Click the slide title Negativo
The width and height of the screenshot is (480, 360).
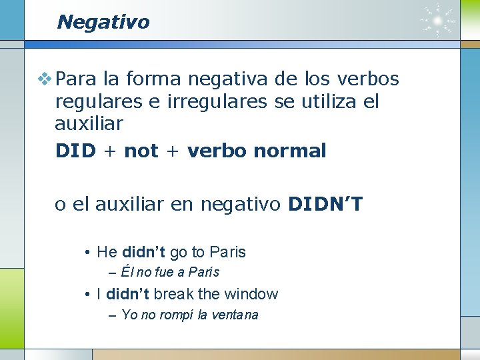pyautogui.click(x=103, y=22)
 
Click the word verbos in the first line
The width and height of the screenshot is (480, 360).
pyautogui.click(x=367, y=79)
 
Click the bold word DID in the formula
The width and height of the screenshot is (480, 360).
pyautogui.click(x=76, y=151)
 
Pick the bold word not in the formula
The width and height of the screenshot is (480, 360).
pyautogui.click(x=141, y=151)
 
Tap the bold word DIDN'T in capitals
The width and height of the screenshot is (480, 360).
pyautogui.click(x=325, y=203)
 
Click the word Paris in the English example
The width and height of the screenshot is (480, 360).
pyautogui.click(x=227, y=252)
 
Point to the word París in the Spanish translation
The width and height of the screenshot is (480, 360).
pyautogui.click(x=203, y=272)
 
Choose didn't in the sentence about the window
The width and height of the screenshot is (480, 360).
pyautogui.click(x=127, y=294)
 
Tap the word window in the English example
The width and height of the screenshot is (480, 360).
pyautogui.click(x=251, y=294)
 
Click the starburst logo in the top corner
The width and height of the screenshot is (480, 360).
pyautogui.click(x=438, y=21)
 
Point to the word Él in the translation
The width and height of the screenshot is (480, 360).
pyautogui.click(x=128, y=272)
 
